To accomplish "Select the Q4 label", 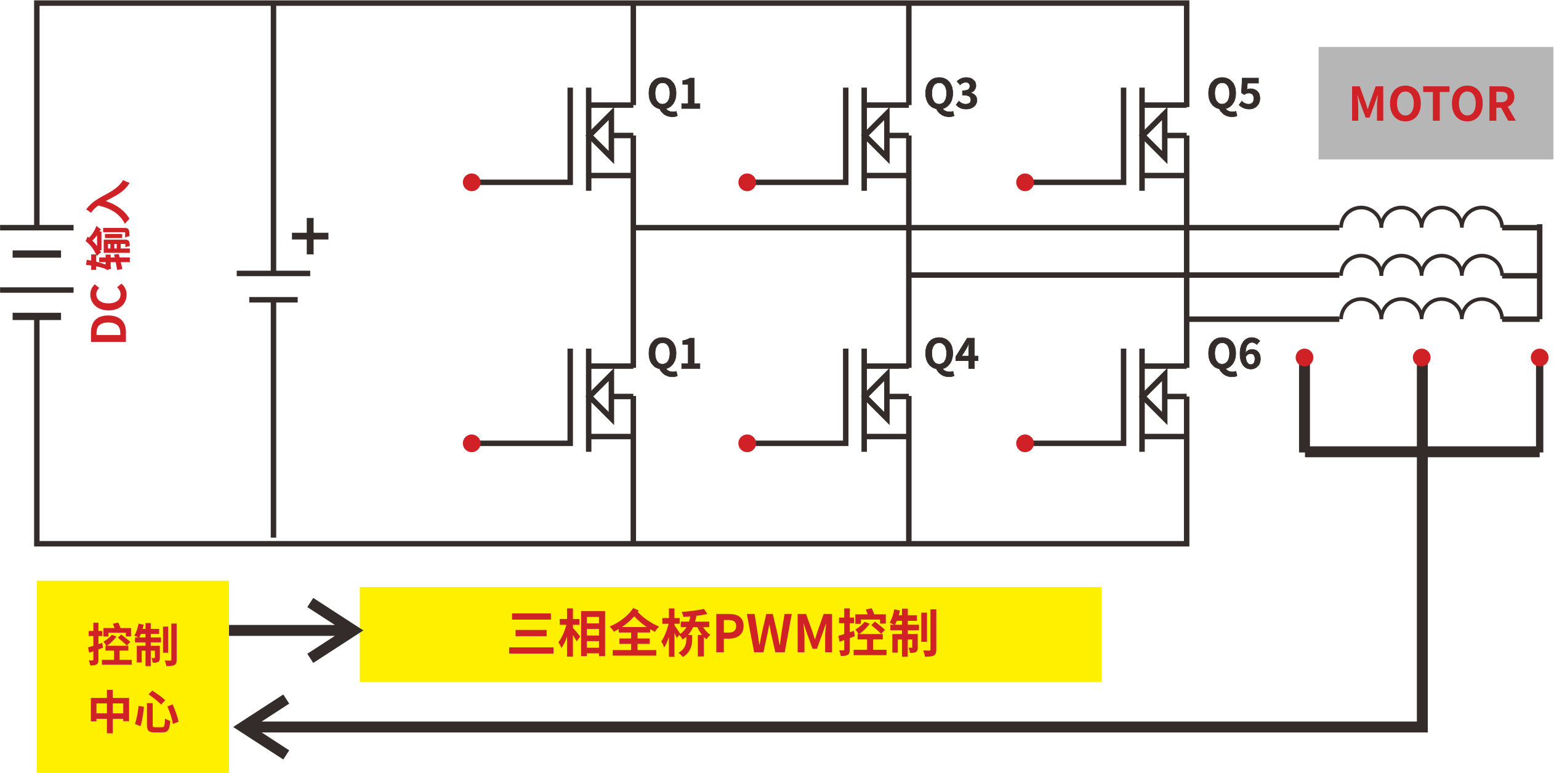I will tap(951, 355).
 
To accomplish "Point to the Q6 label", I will tap(1233, 355).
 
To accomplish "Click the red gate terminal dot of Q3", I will tap(747, 182).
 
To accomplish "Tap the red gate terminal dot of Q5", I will tap(1025, 182).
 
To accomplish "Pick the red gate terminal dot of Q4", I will tap(747, 443).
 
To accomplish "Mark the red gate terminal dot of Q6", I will tap(1025, 443).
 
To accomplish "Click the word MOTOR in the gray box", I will tap(1432, 104).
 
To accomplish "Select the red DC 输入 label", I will tap(108, 262).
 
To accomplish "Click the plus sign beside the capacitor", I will tap(310, 235).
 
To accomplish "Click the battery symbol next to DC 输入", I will tap(37, 272).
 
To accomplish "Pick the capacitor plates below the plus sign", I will tap(273, 286).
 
